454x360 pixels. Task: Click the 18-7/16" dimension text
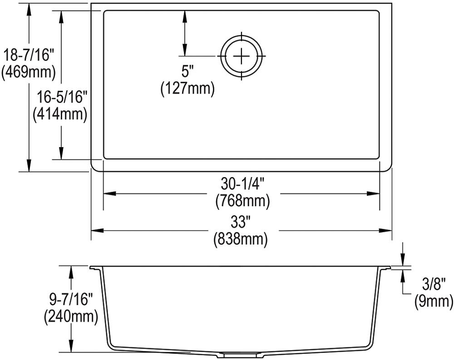(x=28, y=54)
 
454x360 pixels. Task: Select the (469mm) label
(x=28, y=72)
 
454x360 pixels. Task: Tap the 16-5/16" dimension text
(x=61, y=97)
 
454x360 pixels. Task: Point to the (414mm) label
(x=60, y=114)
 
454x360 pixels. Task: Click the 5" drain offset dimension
(x=188, y=71)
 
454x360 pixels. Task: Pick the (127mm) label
(x=188, y=88)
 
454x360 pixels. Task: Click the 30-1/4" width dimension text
(x=242, y=183)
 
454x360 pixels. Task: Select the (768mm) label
(x=242, y=201)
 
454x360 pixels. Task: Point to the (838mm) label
(x=241, y=239)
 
